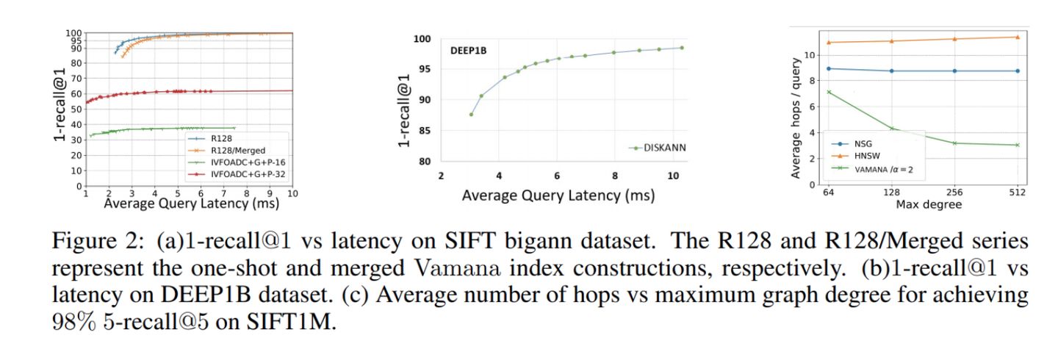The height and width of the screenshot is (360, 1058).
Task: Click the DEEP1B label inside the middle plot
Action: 469,51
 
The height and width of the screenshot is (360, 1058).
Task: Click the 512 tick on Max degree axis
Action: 1018,192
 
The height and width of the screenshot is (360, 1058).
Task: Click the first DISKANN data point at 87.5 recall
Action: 471,114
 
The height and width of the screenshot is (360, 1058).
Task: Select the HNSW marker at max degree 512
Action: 1018,37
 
